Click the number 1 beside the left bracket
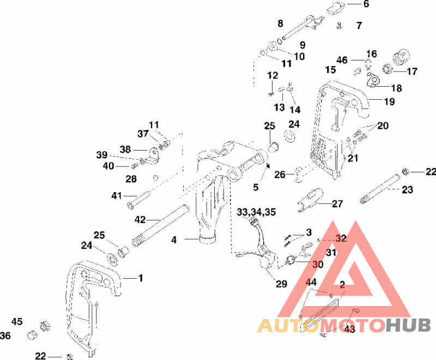pyautogui.click(x=140, y=278)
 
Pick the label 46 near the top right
pyautogui.click(x=342, y=59)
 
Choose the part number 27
pyautogui.click(x=337, y=204)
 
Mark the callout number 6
pyautogui.click(x=366, y=4)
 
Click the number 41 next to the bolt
pyautogui.click(x=117, y=195)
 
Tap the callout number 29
pyautogui.click(x=281, y=284)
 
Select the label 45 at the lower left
pyautogui.click(x=17, y=321)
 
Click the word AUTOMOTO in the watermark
pyautogui.click(x=322, y=326)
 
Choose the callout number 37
pyautogui.click(x=143, y=134)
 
